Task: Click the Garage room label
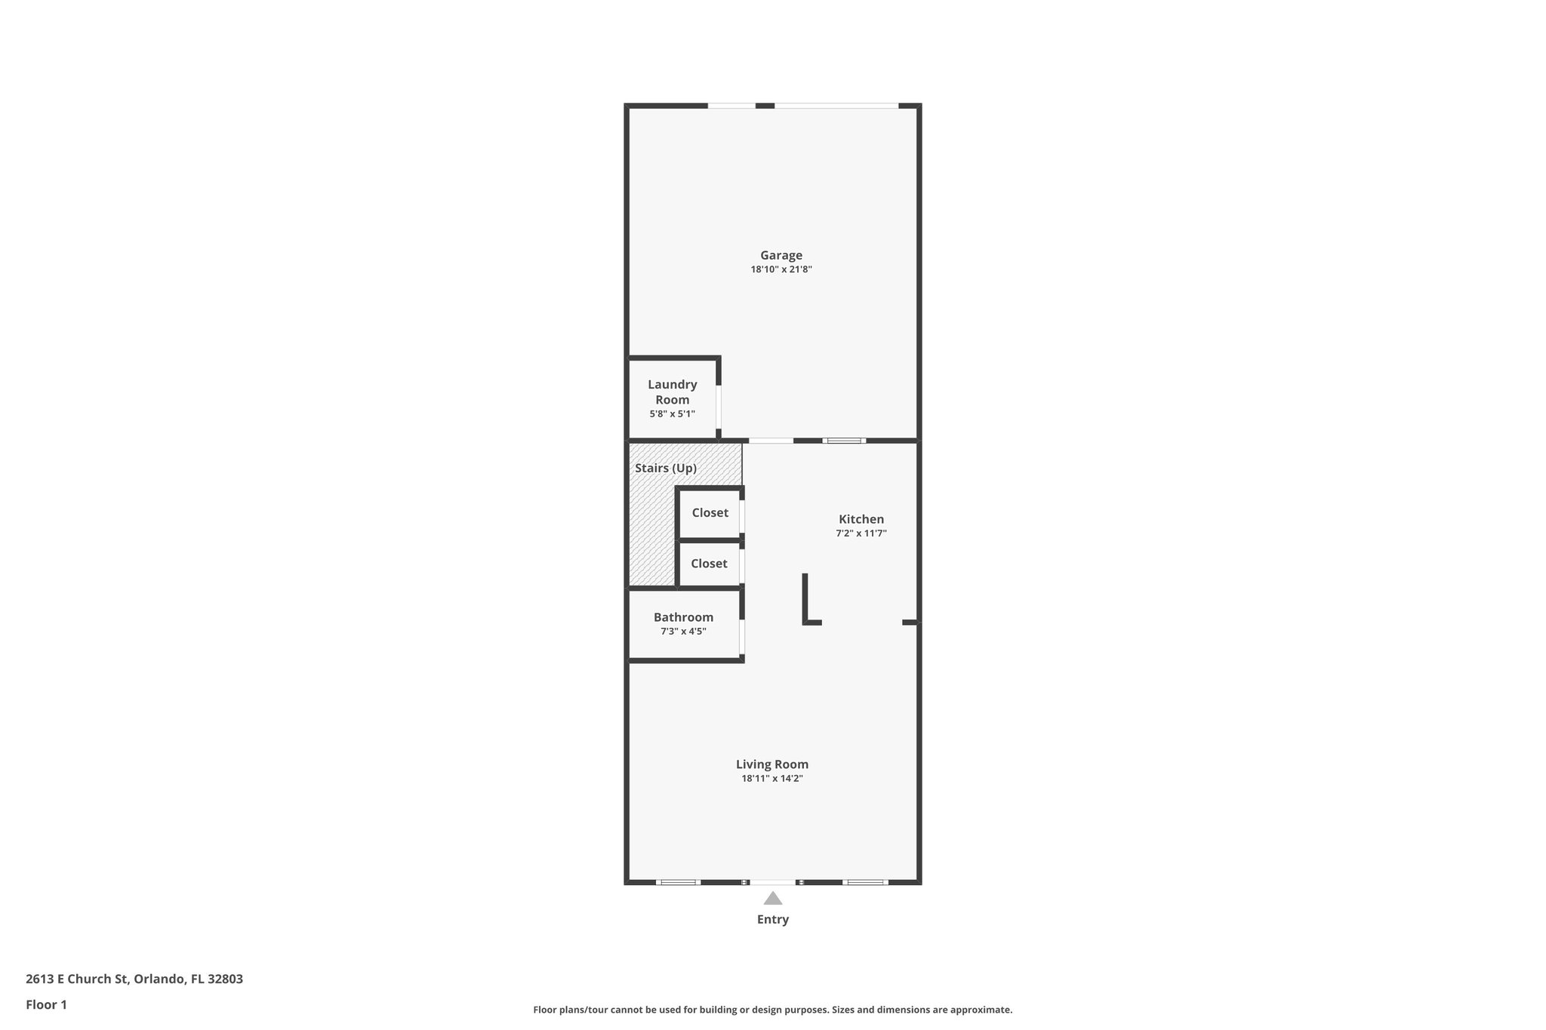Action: [781, 255]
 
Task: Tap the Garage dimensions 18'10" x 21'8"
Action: [781, 269]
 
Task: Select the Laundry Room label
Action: [672, 392]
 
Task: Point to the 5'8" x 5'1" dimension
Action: [672, 414]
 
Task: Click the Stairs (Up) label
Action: [665, 468]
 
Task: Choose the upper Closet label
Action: [710, 512]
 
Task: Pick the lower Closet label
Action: [709, 563]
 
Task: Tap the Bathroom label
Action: [683, 617]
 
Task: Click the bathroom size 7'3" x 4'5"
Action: [683, 632]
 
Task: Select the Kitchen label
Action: [861, 519]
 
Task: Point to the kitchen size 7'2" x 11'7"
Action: [861, 533]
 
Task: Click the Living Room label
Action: [771, 764]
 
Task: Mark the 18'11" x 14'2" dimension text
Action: [771, 779]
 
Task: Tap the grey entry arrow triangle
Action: [772, 899]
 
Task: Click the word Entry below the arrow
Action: [772, 919]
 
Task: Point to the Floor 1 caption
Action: [46, 1004]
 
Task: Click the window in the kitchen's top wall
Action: [844, 441]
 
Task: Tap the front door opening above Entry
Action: [772, 881]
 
